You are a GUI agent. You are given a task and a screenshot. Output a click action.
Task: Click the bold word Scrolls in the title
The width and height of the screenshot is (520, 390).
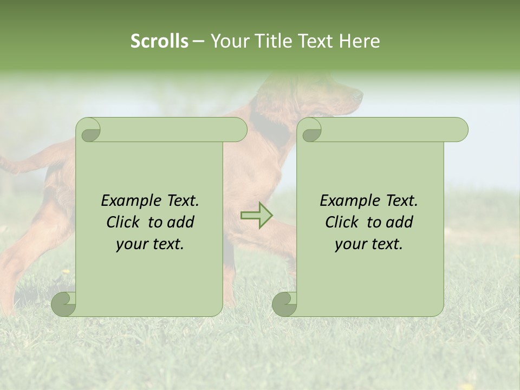tap(159, 41)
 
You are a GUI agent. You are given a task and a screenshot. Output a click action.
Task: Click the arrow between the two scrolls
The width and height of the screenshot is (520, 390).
tap(257, 215)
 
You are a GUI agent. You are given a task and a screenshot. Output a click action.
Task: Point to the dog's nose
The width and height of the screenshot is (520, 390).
tap(359, 95)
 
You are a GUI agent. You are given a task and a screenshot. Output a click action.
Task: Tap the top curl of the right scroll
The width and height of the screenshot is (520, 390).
tap(311, 131)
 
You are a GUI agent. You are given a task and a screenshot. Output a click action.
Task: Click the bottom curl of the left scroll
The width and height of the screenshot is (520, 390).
tap(64, 304)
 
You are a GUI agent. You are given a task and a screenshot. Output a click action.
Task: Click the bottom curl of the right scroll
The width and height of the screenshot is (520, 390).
tap(285, 304)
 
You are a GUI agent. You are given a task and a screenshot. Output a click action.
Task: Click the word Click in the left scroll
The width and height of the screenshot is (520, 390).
tap(123, 223)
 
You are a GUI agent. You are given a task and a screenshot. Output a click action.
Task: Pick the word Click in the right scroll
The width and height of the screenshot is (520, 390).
tap(342, 223)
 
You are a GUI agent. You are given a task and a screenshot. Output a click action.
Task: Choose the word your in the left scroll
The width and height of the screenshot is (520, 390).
tap(132, 244)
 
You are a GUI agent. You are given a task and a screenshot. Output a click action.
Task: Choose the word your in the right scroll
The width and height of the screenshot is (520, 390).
tap(350, 244)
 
